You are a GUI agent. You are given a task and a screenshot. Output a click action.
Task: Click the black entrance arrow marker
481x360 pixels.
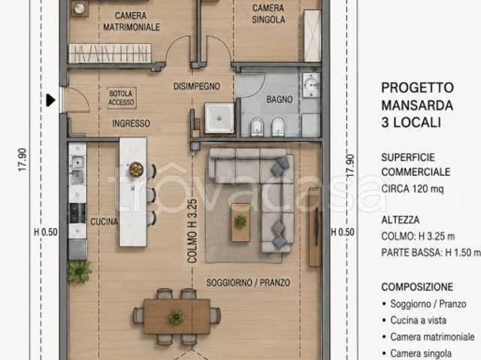point(50,100)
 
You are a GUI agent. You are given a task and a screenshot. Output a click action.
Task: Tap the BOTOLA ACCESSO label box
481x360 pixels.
point(122,98)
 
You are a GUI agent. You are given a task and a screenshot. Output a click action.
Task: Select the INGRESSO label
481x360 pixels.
point(131,123)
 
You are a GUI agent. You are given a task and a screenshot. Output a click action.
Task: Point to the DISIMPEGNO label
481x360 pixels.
point(197,86)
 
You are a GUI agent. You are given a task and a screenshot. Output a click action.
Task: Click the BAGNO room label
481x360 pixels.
point(279,99)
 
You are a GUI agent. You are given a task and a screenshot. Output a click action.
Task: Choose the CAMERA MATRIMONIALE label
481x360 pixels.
point(132,22)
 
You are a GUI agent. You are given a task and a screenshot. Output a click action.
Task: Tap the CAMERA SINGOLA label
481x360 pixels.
point(268,14)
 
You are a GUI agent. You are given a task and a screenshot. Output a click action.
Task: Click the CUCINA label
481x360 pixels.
point(104,222)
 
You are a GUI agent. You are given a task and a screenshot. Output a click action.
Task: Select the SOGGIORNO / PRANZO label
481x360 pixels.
point(248,283)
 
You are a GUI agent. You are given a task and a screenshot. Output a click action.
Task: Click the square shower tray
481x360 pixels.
point(219,118)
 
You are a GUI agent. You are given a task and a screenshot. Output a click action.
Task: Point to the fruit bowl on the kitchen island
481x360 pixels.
point(136,169)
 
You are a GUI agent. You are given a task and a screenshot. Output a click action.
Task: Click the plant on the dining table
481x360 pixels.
point(176,316)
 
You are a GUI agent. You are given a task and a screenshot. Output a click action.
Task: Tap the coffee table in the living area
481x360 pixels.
point(240,222)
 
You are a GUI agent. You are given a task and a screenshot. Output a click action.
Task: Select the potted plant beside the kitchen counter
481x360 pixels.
point(79,271)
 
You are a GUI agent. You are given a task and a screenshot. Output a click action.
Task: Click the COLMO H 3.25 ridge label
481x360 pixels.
point(192,231)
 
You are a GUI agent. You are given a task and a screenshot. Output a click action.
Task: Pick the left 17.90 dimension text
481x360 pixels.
point(23,159)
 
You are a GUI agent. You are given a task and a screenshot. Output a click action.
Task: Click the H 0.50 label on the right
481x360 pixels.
point(343,232)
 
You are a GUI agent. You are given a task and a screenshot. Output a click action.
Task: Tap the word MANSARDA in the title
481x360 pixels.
point(417,105)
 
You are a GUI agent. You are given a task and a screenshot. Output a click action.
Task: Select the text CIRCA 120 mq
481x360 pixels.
point(413,189)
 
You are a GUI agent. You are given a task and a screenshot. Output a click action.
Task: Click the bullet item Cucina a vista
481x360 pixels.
point(418,320)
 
